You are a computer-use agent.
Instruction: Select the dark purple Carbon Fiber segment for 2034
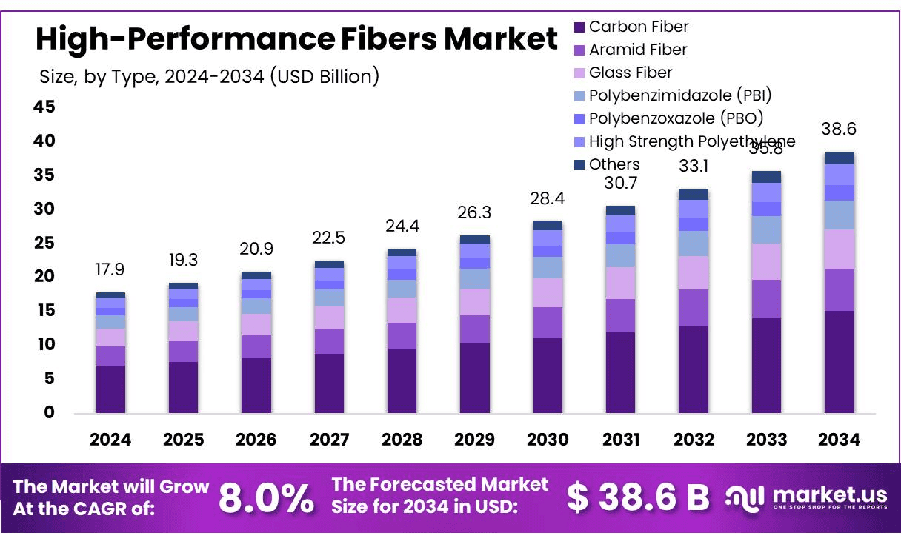[x=839, y=361]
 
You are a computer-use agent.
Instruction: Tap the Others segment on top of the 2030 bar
[x=548, y=225]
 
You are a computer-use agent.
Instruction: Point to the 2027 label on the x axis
[x=329, y=440]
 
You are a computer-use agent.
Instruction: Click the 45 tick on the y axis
[x=44, y=107]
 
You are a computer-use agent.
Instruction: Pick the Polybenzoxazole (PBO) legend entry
[x=675, y=118]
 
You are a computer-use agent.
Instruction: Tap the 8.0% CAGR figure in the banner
[x=266, y=498]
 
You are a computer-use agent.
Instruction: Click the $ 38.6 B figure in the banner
[x=638, y=497]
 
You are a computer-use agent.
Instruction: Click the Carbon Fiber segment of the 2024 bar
[x=110, y=389]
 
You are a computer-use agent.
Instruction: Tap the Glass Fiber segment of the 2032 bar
[x=693, y=272]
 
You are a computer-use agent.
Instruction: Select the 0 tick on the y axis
[x=50, y=412]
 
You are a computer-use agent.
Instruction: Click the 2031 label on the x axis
[x=620, y=440]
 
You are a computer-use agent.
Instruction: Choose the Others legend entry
[x=614, y=164]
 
